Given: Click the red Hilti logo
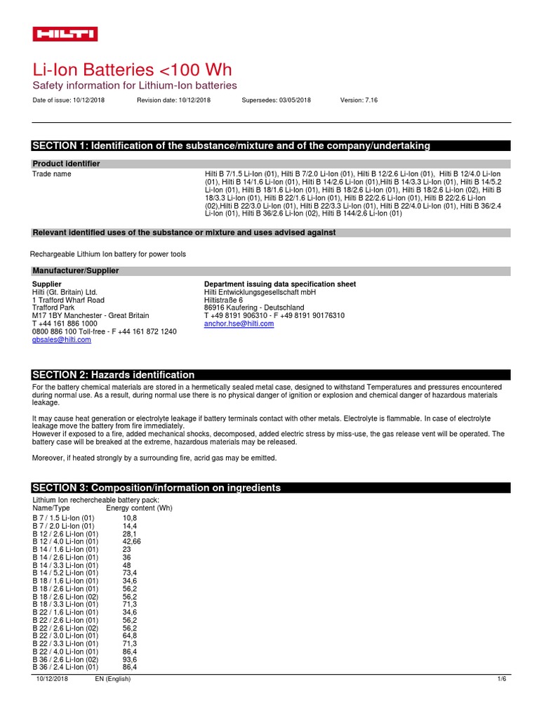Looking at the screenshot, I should [65, 34].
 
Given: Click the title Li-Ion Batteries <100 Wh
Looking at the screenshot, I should [133, 70].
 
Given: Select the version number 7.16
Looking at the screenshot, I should [370, 100].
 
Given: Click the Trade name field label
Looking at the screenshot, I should [52, 173].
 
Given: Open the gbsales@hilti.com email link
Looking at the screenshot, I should [62, 339].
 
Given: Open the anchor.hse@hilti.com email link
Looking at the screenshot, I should [239, 324].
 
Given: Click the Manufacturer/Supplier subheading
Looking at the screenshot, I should [76, 270].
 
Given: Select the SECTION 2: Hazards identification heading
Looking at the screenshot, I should [114, 375].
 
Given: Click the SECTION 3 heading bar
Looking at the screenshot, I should [157, 487].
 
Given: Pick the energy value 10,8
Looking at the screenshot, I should [130, 517].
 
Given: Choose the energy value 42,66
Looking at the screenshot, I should [132, 541].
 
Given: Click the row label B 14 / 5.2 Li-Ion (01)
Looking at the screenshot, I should [65, 573].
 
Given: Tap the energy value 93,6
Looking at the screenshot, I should [130, 659].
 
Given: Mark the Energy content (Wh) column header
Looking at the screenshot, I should [139, 508].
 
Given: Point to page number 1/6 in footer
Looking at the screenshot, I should [501, 679].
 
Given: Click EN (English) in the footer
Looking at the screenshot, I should [113, 679].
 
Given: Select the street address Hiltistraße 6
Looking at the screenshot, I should [223, 300].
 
